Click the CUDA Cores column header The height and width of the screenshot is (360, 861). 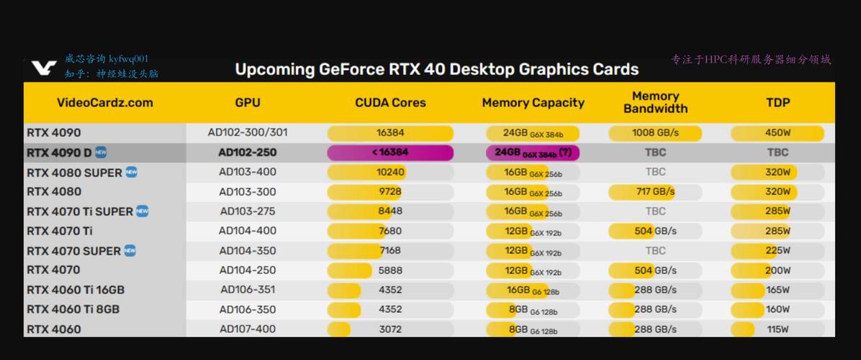click(x=390, y=103)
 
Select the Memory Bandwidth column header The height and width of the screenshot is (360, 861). click(x=655, y=102)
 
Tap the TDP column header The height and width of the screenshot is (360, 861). click(x=777, y=103)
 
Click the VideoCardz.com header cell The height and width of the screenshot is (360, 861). click(x=104, y=103)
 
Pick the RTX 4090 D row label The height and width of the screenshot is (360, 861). click(x=59, y=153)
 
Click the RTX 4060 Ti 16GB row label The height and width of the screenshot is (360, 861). click(x=76, y=289)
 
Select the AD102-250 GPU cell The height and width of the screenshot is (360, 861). click(x=247, y=153)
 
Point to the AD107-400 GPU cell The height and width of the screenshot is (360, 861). click(x=247, y=329)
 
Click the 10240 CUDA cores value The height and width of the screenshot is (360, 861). click(x=390, y=172)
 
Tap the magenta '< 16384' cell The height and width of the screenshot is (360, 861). click(x=390, y=153)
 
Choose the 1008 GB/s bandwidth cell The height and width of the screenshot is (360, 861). click(x=655, y=133)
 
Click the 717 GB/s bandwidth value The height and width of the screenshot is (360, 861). click(x=655, y=192)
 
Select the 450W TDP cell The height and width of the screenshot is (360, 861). click(x=777, y=133)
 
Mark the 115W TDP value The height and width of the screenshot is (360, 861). click(x=777, y=329)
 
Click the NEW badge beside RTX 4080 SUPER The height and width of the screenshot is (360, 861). click(x=132, y=172)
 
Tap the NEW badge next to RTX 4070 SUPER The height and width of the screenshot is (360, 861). click(x=130, y=251)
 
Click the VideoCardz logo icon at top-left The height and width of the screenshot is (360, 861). click(x=44, y=68)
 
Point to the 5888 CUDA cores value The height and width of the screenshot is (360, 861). click(x=390, y=270)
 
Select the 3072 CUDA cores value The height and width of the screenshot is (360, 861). click(x=390, y=329)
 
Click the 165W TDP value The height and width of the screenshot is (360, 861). click(x=777, y=289)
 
